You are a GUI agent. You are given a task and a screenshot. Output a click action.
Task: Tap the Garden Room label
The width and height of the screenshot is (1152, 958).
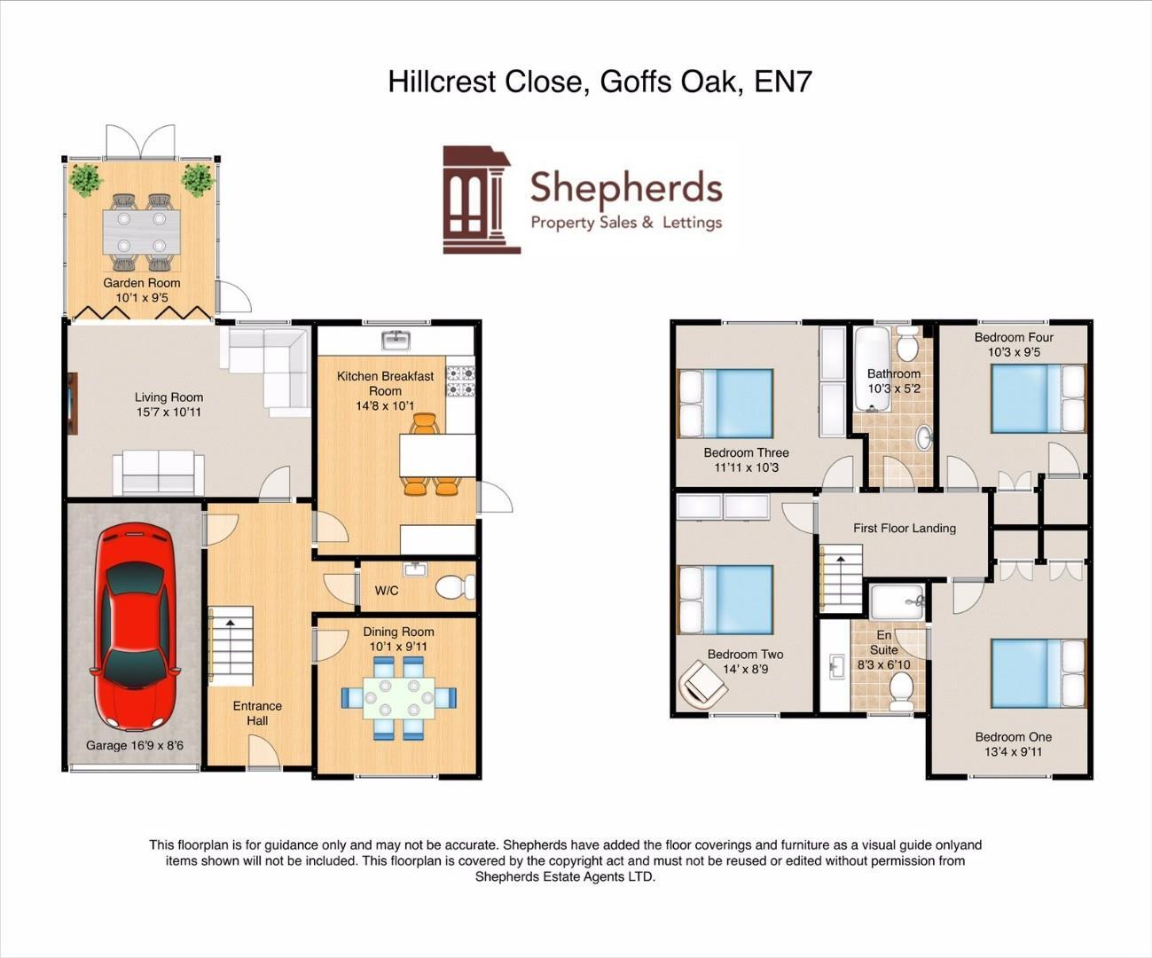tap(142, 283)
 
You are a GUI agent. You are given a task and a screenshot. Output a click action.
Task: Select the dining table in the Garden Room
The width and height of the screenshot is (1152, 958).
tap(141, 232)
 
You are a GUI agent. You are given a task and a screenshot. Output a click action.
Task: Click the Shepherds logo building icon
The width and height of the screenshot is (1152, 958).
tap(481, 200)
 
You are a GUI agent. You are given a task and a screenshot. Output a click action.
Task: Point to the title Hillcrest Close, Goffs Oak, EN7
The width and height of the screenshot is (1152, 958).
tap(600, 82)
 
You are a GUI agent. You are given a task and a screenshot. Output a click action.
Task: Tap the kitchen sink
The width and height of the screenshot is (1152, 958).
tap(395, 340)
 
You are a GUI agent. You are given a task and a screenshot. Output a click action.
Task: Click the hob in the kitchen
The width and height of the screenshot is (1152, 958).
tap(460, 380)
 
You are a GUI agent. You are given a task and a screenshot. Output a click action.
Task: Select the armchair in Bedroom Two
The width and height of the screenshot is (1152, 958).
tap(702, 686)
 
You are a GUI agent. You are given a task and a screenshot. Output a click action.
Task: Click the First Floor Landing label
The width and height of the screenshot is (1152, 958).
tap(905, 528)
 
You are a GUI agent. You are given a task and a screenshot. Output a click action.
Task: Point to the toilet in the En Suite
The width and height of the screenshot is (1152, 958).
tap(901, 691)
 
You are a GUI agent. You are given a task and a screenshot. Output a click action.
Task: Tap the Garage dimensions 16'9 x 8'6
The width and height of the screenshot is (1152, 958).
tap(135, 745)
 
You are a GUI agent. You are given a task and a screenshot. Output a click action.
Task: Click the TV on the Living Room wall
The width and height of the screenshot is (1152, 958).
tap(72, 403)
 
